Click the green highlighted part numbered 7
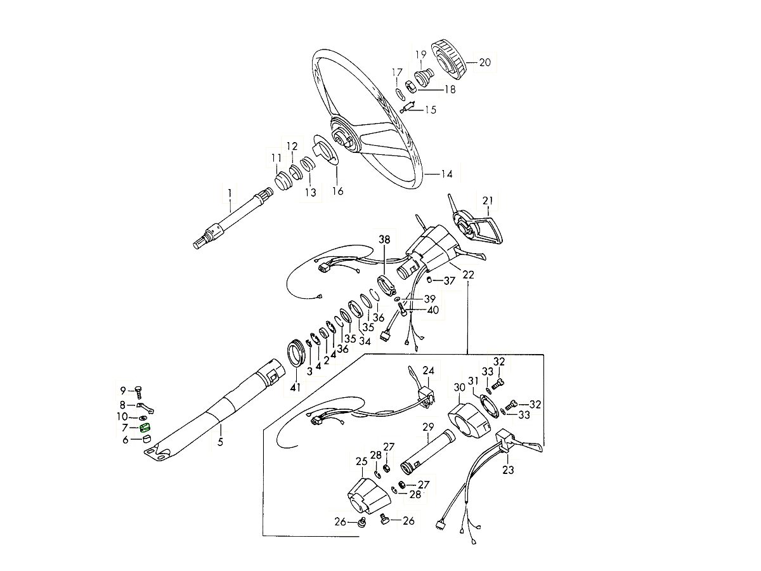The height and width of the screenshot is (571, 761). (x=145, y=428)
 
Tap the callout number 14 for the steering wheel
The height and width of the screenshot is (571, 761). (x=446, y=173)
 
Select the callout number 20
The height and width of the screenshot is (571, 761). (x=485, y=63)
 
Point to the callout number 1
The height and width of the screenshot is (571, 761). (x=230, y=189)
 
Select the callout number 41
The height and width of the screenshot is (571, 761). (x=295, y=387)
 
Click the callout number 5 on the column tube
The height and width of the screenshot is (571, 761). (x=220, y=442)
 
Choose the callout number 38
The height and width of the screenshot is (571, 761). (x=385, y=240)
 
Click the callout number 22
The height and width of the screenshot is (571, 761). (x=469, y=275)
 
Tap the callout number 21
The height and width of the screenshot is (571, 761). (x=488, y=201)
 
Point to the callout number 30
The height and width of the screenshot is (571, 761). (x=459, y=388)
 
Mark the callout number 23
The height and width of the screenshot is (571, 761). (x=508, y=470)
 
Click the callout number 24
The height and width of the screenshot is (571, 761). (x=429, y=371)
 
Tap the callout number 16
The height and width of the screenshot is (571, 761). (x=337, y=190)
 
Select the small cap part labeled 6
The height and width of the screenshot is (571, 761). (x=145, y=438)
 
